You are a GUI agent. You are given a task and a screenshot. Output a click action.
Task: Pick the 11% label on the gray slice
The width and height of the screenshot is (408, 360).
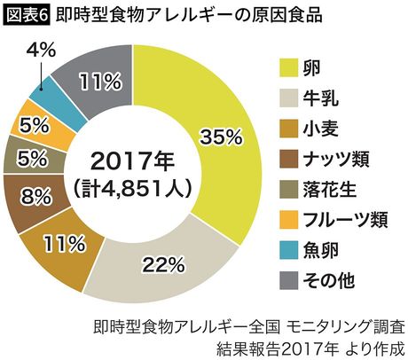point(98,82)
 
